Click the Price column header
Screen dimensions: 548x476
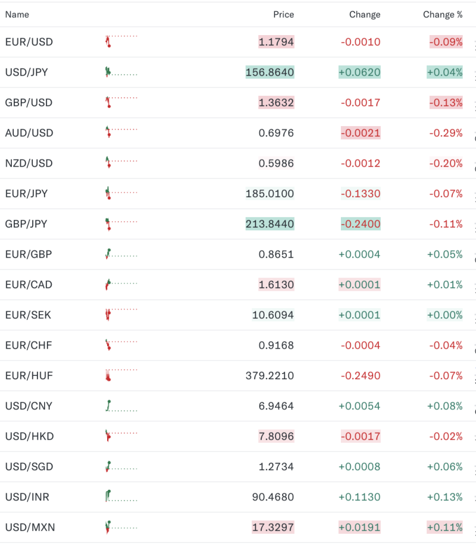283,14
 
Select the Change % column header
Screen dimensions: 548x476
443,14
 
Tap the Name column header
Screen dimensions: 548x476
17,14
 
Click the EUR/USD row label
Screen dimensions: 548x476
29,42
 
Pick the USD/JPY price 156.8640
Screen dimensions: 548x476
270,73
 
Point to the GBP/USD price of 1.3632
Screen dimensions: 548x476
276,103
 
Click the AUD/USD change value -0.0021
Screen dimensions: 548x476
360,133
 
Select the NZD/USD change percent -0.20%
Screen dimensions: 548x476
446,164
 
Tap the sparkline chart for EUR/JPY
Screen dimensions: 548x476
121,193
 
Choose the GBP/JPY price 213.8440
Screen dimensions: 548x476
270,224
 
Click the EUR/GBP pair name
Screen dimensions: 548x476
29,255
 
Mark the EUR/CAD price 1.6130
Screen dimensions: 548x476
276,285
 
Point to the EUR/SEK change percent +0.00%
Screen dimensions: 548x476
444,315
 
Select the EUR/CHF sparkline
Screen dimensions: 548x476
121,345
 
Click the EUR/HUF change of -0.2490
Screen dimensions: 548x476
360,376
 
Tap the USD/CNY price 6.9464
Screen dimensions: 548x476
276,406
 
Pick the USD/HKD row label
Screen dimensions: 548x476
29,437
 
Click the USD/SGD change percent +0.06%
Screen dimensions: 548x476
444,467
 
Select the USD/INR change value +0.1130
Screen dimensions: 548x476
359,497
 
